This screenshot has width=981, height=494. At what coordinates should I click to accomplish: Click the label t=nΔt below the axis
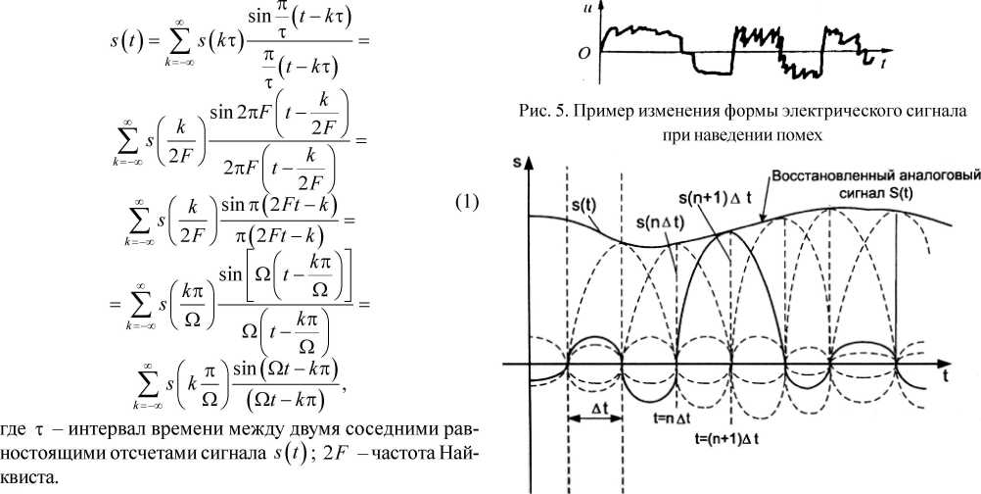pyautogui.click(x=676, y=416)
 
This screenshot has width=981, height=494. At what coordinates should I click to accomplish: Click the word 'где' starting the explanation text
pyautogui.click(x=18, y=433)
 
